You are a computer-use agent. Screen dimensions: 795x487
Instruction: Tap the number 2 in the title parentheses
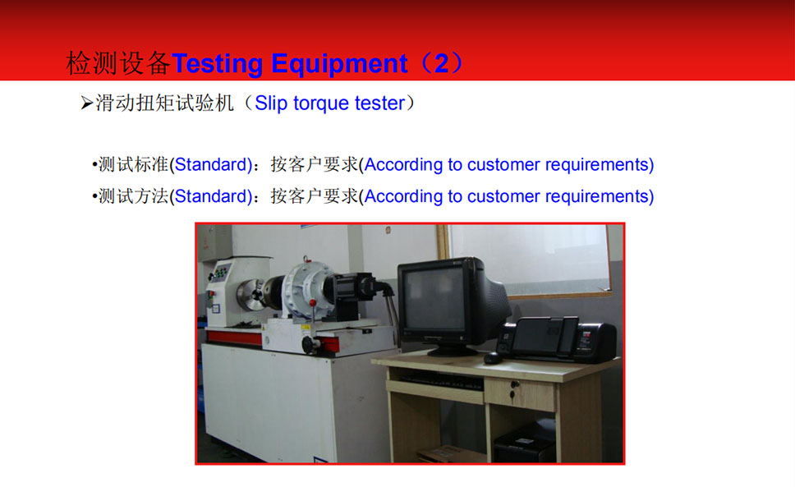(441, 63)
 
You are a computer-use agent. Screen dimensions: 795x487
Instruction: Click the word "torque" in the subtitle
(321, 103)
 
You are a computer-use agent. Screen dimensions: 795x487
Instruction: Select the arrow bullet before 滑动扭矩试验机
(87, 103)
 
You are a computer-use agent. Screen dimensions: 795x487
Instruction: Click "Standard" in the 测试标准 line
(210, 165)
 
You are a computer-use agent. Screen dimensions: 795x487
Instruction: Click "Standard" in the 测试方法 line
(210, 196)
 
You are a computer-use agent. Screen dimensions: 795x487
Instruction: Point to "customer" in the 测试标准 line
(503, 165)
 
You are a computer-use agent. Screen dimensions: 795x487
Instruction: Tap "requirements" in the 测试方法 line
(597, 196)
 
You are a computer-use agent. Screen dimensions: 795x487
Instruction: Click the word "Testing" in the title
(218, 64)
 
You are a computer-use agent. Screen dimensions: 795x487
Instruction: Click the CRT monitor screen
(435, 298)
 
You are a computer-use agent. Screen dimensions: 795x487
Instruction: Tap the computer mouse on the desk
(492, 358)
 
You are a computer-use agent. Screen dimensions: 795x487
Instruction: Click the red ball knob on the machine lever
(313, 303)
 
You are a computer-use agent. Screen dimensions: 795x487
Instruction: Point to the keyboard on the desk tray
(440, 381)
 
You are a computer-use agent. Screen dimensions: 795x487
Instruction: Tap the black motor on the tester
(355, 292)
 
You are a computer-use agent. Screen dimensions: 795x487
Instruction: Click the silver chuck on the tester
(251, 295)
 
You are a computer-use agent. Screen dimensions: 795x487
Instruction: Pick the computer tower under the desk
(525, 441)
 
